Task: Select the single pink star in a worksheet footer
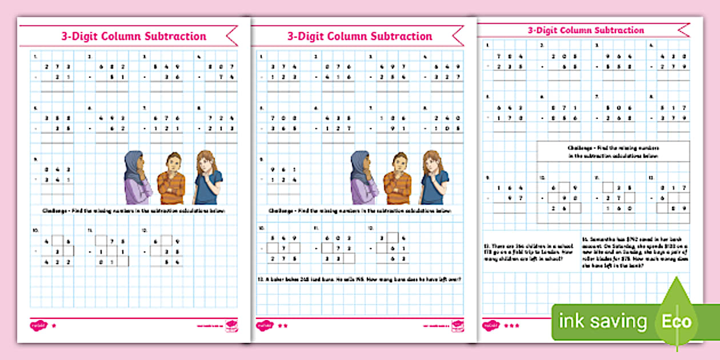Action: (x=54, y=326)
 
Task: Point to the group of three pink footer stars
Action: (x=511, y=326)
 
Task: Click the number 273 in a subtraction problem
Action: (x=59, y=66)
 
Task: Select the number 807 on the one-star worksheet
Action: (x=223, y=66)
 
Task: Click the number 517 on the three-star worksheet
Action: (x=672, y=107)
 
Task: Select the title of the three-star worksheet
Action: (x=585, y=30)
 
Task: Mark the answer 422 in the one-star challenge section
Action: (x=59, y=262)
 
